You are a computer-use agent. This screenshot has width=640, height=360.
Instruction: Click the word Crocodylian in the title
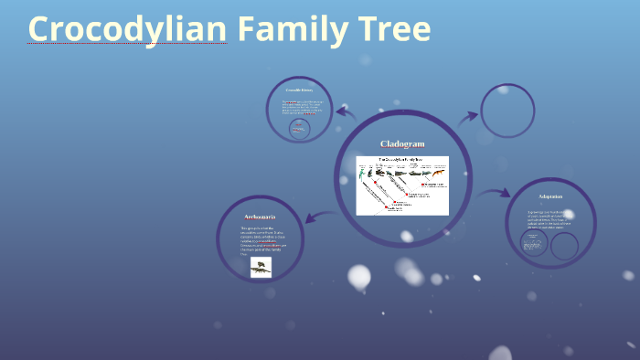point(127,29)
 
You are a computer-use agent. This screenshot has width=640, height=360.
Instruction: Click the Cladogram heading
point(402,144)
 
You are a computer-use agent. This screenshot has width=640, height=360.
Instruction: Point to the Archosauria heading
point(260,217)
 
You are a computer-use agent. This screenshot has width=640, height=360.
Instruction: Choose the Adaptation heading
point(550,196)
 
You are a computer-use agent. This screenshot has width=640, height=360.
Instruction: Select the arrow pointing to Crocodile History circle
point(346,112)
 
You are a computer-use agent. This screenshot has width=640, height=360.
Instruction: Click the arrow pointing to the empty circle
point(467,116)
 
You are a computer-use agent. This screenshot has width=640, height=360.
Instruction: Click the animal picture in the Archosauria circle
point(261,267)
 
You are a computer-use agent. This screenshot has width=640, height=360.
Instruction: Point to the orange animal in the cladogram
point(437,173)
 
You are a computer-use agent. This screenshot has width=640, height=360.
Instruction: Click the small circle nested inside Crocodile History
point(298,129)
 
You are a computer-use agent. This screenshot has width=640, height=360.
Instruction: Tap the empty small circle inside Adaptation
point(564,245)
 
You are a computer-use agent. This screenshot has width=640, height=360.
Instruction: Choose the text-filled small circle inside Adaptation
point(534,243)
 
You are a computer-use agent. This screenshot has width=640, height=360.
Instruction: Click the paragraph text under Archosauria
point(260,240)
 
